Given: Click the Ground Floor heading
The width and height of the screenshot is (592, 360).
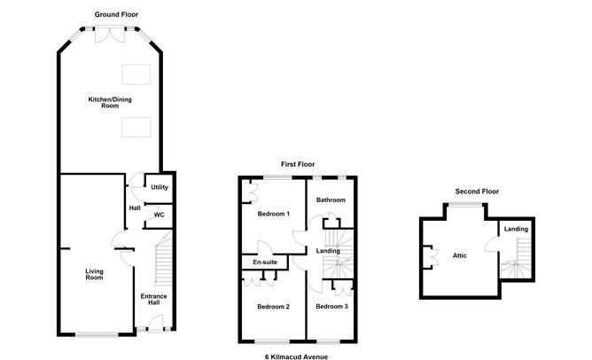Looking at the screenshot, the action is pyautogui.click(x=116, y=14).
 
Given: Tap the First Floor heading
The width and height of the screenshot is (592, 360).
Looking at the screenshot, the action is pyautogui.click(x=298, y=164).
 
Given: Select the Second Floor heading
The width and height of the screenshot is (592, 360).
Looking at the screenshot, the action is pyautogui.click(x=477, y=192).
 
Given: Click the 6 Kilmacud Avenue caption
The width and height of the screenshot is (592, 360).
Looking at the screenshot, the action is pyautogui.click(x=296, y=356).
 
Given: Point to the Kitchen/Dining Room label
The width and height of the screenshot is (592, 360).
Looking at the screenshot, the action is pyautogui.click(x=110, y=102).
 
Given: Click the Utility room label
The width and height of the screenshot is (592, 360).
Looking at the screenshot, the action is pyautogui.click(x=160, y=187).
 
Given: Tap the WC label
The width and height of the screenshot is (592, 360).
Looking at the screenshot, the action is pyautogui.click(x=159, y=215).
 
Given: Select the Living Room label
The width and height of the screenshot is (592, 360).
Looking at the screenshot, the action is pyautogui.click(x=94, y=274).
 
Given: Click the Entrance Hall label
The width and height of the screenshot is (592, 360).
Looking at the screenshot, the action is pyautogui.click(x=153, y=299).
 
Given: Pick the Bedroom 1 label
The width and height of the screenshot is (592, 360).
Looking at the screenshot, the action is pyautogui.click(x=273, y=214).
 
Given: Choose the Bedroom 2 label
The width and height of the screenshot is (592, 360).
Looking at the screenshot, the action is pyautogui.click(x=273, y=307).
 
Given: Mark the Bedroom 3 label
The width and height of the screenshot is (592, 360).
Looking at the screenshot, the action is pyautogui.click(x=331, y=306).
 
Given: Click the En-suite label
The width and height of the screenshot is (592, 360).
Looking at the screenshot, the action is pyautogui.click(x=265, y=262).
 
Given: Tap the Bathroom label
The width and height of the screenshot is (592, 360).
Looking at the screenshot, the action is pyautogui.click(x=331, y=200).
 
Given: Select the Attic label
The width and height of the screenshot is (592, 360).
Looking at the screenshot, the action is pyautogui.click(x=459, y=255).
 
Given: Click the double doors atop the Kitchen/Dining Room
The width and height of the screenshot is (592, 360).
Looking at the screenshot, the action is pyautogui.click(x=110, y=34).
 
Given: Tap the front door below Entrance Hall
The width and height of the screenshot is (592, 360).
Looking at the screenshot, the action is pyautogui.click(x=155, y=325).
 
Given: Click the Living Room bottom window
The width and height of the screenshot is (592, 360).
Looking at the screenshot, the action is pyautogui.click(x=97, y=334).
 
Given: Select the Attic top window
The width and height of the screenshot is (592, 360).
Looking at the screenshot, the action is pyautogui.click(x=464, y=204).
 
